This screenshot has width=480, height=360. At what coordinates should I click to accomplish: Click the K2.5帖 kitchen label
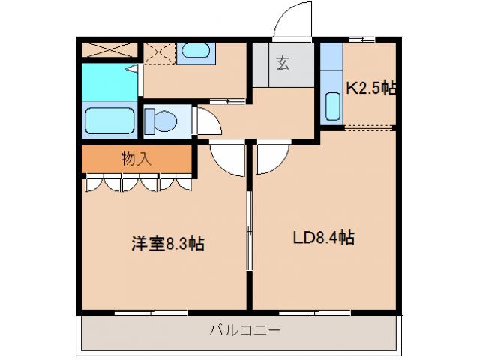click(x=370, y=88)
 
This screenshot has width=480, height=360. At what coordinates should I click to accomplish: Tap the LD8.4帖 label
click(x=323, y=238)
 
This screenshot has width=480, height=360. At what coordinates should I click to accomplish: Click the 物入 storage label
click(x=136, y=158)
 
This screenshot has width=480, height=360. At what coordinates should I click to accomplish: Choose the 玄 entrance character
click(x=282, y=64)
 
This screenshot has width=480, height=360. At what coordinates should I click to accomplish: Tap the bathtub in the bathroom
click(x=109, y=120)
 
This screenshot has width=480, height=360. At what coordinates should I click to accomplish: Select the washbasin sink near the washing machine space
click(x=196, y=52)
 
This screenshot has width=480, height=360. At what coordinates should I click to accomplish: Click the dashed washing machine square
click(x=158, y=54)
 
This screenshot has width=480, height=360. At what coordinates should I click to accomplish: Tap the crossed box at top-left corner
click(x=109, y=51)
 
